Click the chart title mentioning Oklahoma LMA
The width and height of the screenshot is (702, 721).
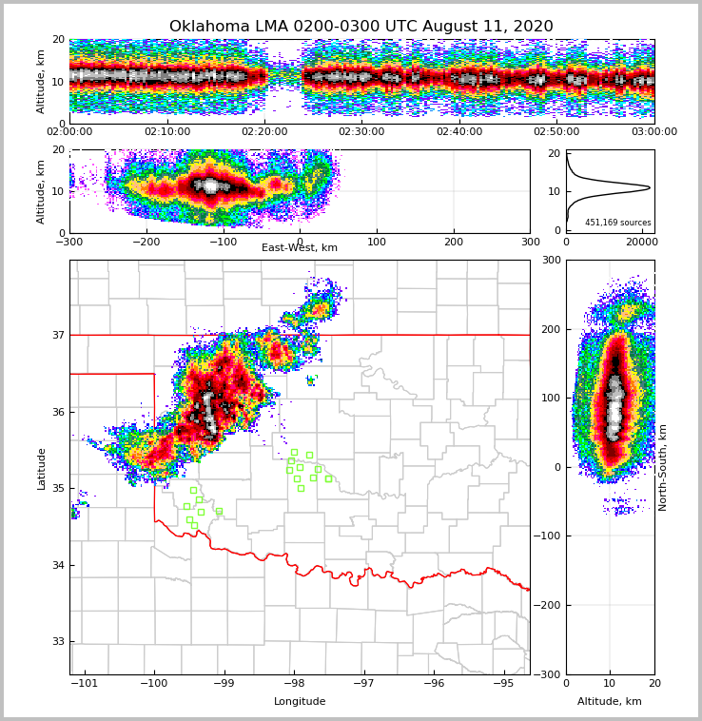point(361,27)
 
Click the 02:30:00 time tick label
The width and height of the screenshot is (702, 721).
point(361,132)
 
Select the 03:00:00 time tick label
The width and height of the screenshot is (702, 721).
point(653,132)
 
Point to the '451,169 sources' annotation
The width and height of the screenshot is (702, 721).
point(617,223)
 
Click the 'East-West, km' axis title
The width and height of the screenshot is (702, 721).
point(299,247)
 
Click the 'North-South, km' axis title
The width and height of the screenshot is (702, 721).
point(663,467)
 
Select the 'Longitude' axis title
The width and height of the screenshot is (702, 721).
point(300,701)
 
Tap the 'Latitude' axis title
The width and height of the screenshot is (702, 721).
point(41,468)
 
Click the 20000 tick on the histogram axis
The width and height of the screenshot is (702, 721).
point(640,243)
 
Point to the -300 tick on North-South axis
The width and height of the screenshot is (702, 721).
point(550,674)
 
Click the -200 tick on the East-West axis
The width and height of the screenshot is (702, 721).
point(146,243)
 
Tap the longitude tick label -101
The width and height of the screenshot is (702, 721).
point(86,683)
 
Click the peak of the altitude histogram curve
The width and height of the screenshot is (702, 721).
point(649,187)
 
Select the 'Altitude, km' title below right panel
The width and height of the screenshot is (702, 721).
point(610,701)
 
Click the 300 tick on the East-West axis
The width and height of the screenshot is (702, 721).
point(530,243)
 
